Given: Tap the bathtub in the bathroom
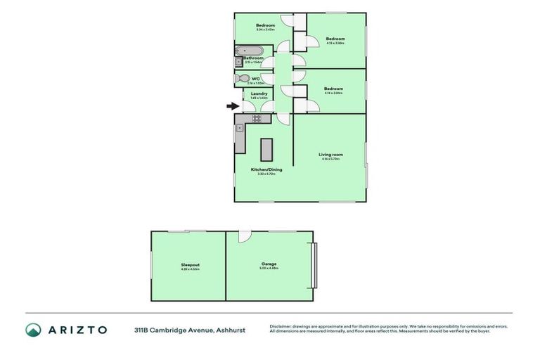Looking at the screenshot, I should [249, 51].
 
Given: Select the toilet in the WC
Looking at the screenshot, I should [243, 79].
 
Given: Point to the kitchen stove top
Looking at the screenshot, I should [247, 119].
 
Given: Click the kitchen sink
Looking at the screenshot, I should [240, 129].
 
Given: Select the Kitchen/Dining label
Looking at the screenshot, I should [263, 169].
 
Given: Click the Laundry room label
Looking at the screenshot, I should [258, 94].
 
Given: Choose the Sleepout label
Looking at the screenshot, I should [191, 264].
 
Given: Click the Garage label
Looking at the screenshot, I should [269, 264].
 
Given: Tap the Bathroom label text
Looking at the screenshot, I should [254, 58].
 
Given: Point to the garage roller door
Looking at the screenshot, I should [314, 265].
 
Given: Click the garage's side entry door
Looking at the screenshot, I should [244, 237].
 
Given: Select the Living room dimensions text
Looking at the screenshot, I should [330, 159].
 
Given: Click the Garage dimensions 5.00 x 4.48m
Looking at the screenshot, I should [269, 269].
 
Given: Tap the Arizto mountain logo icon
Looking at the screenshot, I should [33, 330].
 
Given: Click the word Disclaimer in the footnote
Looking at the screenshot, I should [282, 326].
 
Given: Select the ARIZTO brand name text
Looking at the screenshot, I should [77, 330].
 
